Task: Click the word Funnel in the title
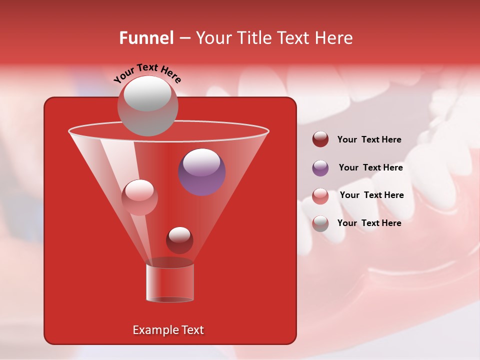(x=146, y=38)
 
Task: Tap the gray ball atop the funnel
(x=147, y=105)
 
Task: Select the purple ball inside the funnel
(x=202, y=172)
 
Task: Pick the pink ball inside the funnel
(x=139, y=197)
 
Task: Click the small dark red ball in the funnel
(x=179, y=240)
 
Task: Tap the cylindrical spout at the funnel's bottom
(x=170, y=282)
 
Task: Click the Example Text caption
(x=168, y=330)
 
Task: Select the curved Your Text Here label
(x=147, y=73)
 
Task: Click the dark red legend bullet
(x=320, y=139)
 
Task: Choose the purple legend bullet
(x=320, y=168)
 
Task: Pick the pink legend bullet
(x=320, y=196)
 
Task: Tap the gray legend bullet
(x=320, y=223)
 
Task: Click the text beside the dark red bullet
(x=369, y=139)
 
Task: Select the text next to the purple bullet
(x=370, y=167)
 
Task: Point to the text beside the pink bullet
(x=371, y=195)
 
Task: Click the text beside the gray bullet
(x=369, y=223)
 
